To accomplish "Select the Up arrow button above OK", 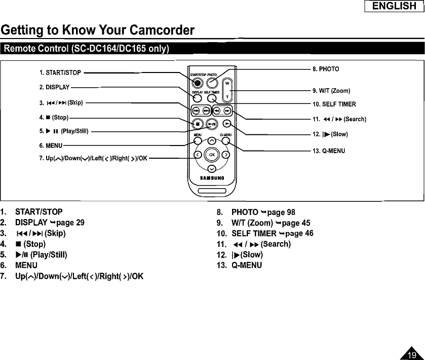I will (x=213, y=141).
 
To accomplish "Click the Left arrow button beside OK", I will (x=199, y=155).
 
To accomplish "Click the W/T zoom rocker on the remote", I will (x=227, y=90).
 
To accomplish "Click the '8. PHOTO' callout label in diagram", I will (x=326, y=68).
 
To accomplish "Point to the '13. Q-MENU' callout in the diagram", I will (x=329, y=151).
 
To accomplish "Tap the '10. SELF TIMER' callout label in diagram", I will (x=334, y=104).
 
